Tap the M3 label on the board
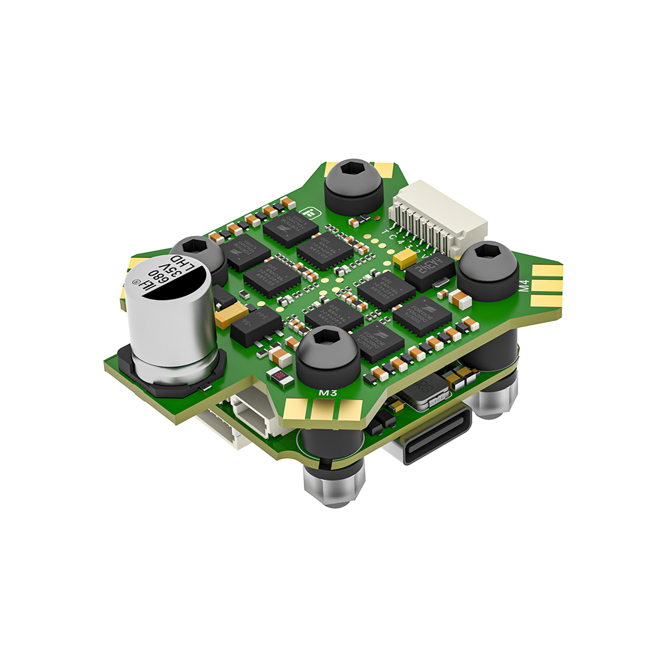(327, 394)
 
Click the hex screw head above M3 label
(328, 354)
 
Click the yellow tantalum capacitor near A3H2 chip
(405, 258)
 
